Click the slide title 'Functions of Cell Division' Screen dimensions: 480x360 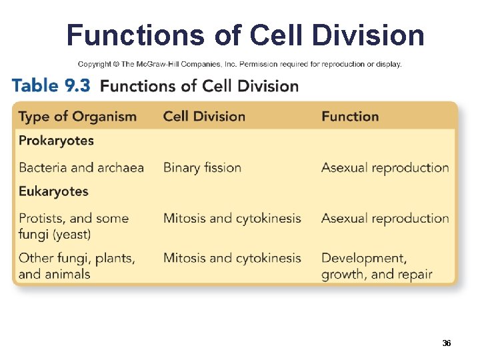[x=245, y=35]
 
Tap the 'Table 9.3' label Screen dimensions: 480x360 [x=51, y=85]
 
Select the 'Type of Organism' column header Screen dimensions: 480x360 [x=77, y=117]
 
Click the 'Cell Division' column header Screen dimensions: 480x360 [x=204, y=117]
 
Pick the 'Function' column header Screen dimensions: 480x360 [x=350, y=117]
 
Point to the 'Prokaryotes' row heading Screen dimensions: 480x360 [x=56, y=141]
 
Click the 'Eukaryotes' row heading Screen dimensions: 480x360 [x=53, y=191]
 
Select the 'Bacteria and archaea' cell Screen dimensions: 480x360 [x=81, y=167]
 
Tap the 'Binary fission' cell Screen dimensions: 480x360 [x=202, y=167]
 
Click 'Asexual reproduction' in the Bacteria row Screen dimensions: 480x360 [x=385, y=167]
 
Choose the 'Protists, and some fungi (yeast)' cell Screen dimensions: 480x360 [x=73, y=226]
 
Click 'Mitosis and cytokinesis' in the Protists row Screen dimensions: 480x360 [x=232, y=218]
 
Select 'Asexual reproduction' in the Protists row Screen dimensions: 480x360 [x=385, y=218]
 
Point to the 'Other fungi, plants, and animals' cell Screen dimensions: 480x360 [x=77, y=265]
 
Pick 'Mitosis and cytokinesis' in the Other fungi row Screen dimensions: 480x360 [x=232, y=258]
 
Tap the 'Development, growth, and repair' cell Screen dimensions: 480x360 [x=377, y=265]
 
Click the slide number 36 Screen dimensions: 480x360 [x=447, y=343]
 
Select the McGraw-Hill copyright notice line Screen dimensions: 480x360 [x=240, y=64]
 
